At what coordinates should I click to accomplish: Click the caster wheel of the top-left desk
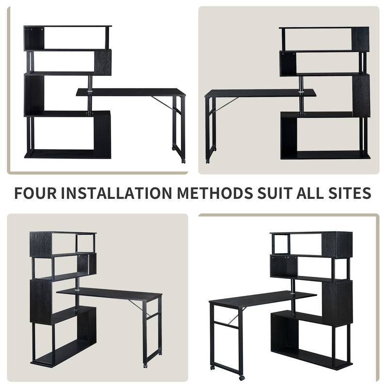(183, 160)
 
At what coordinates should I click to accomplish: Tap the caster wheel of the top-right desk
(208, 160)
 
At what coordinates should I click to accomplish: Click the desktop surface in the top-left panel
(131, 92)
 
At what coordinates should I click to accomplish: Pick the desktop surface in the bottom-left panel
(109, 293)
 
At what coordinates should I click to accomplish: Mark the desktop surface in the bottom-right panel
(262, 297)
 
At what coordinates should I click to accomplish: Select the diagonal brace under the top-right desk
(228, 103)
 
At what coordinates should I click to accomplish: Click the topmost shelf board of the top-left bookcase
(68, 26)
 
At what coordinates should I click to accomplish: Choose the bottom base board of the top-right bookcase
(325, 155)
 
